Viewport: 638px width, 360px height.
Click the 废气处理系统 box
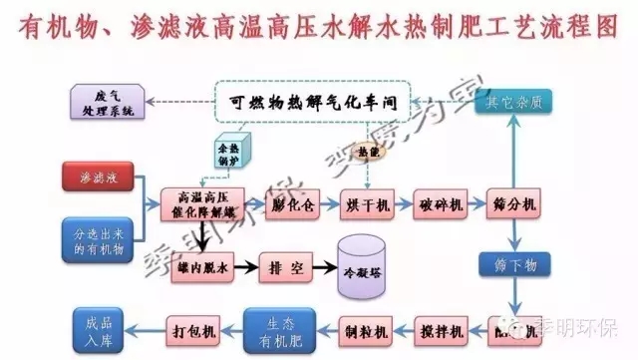pos(105,102)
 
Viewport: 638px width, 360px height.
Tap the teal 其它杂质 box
pos(514,102)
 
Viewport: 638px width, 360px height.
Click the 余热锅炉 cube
pos(229,152)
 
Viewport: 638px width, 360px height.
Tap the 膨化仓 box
pos(293,204)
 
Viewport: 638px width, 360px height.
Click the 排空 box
pos(287,267)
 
